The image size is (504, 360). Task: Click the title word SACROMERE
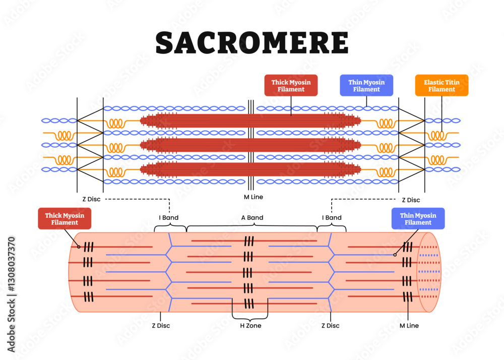tap(251, 42)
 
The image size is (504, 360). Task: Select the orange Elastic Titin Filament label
tap(442, 85)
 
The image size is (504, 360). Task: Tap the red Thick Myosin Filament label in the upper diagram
tap(291, 85)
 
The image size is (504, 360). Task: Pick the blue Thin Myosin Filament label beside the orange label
tap(366, 85)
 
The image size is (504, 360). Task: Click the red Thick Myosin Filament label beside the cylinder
tap(65, 219)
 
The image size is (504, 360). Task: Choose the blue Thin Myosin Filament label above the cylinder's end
tap(418, 218)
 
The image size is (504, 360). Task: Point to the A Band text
tap(251, 218)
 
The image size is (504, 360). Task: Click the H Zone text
tap(250, 326)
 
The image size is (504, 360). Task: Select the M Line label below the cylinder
tap(409, 326)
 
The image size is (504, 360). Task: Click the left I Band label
tap(169, 218)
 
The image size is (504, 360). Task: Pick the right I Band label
tap(332, 218)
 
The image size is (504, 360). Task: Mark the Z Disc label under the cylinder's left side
tap(161, 326)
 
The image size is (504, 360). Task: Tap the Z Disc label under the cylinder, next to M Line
tap(330, 326)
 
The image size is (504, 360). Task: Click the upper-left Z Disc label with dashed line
tap(92, 199)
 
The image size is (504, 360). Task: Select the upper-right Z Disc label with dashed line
tap(410, 200)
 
